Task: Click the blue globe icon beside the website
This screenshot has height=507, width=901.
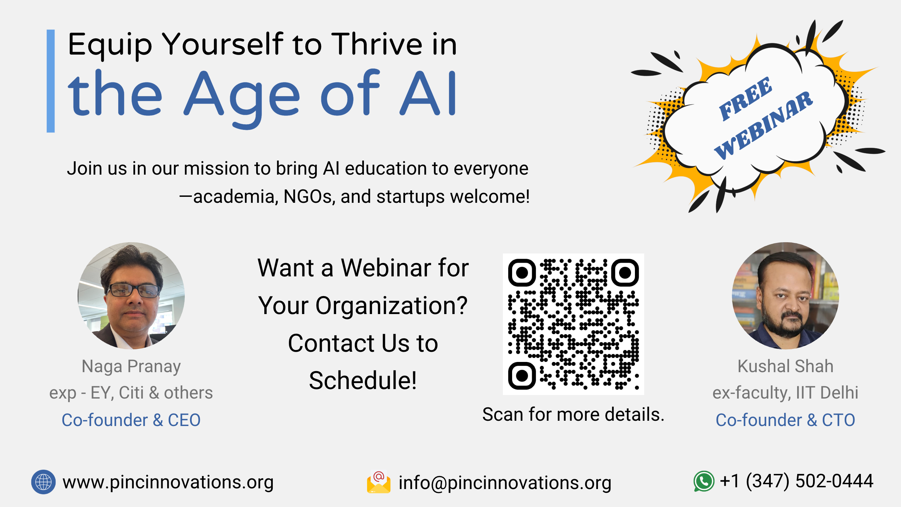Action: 43,482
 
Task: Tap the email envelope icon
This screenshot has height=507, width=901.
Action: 379,482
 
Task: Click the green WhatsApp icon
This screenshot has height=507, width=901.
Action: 704,481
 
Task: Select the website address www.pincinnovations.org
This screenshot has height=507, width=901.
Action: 168,482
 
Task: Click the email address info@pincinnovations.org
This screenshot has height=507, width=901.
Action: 505,483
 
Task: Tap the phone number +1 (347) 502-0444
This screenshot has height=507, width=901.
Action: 796,481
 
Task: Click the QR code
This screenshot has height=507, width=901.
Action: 573,324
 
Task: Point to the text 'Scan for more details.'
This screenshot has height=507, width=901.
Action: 573,414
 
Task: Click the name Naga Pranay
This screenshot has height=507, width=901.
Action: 131,367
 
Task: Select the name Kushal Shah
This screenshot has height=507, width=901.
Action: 786,366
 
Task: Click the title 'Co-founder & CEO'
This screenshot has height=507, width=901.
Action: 131,420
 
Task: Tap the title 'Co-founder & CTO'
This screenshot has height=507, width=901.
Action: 786,420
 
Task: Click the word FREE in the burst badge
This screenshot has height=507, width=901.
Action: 745,99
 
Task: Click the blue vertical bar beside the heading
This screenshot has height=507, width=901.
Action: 51,81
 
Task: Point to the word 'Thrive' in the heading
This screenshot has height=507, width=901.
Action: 377,44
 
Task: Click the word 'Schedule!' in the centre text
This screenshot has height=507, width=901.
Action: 363,381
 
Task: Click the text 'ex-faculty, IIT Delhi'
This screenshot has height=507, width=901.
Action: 786,393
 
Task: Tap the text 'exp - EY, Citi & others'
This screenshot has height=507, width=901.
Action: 131,393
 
